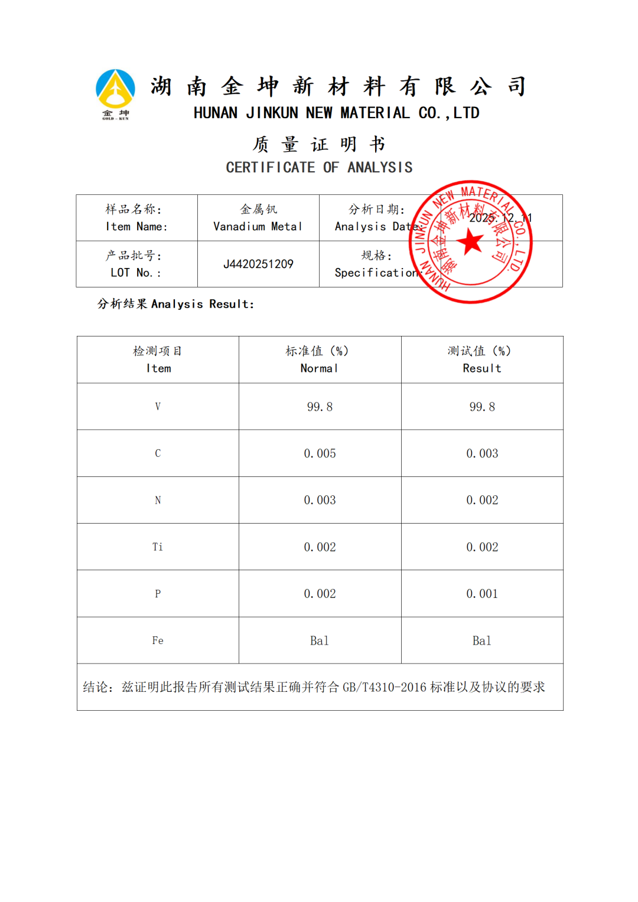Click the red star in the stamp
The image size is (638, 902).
(471, 241)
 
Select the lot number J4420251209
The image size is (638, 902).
(258, 264)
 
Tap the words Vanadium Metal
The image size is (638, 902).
(258, 227)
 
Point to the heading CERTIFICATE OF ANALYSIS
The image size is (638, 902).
(319, 168)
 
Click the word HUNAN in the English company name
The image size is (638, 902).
(216, 113)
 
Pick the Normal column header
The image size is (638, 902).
(320, 368)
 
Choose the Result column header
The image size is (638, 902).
(482, 368)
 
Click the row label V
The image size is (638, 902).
(158, 407)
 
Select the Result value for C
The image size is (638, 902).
(482, 453)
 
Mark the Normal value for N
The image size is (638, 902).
(320, 500)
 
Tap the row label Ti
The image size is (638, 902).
(158, 547)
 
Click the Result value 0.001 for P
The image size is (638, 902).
(482, 594)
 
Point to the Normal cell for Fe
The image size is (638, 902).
(320, 640)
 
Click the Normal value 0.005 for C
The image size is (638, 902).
(320, 453)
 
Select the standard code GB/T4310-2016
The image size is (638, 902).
(384, 687)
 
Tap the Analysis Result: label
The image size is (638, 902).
(203, 304)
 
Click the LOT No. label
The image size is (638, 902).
(135, 273)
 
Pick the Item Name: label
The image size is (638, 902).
(136, 227)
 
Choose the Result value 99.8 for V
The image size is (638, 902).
(482, 407)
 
